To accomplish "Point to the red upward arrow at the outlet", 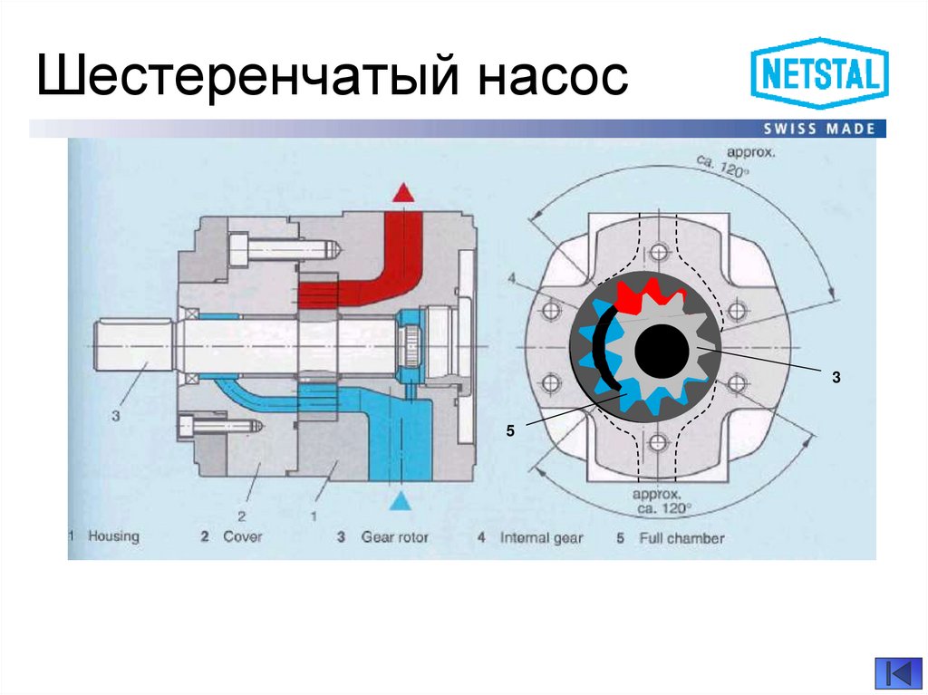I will (401, 192).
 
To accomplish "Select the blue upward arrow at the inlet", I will (401, 502).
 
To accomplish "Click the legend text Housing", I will (113, 536).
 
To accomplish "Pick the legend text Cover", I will (242, 536).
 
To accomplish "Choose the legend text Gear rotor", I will (394, 537).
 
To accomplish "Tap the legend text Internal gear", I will (542, 537).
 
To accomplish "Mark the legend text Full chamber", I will (681, 537).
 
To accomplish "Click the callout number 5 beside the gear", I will (510, 434).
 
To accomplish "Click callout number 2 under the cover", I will (242, 515).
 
